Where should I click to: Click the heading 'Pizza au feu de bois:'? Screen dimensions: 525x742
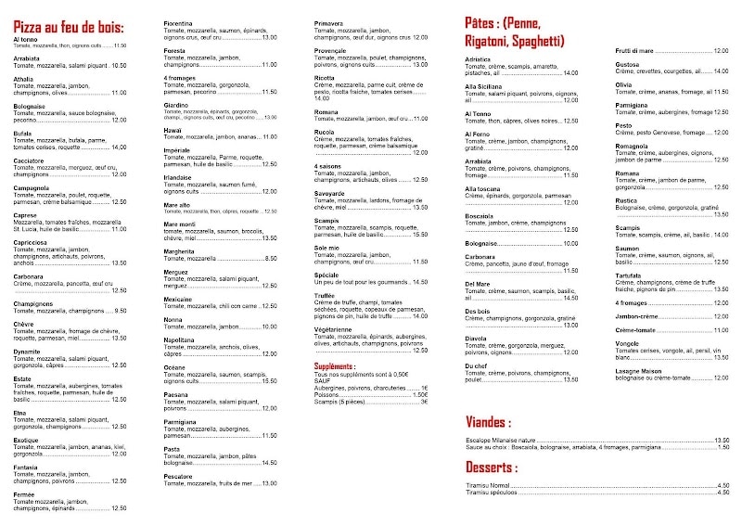coord(69,27)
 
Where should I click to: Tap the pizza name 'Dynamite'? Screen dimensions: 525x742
coord(28,352)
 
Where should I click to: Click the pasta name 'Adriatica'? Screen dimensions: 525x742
coord(479,58)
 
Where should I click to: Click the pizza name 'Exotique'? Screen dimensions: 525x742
coord(27,441)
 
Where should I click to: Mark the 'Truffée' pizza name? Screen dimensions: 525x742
coord(326,296)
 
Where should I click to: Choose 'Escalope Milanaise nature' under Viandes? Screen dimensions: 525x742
coord(506,440)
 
